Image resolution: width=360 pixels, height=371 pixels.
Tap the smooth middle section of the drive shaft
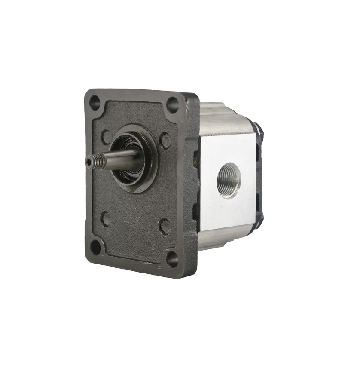coord(122,159)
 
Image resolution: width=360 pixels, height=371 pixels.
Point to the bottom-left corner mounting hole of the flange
coord(95,247)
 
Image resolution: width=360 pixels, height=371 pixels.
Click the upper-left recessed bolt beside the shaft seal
coord(106,137)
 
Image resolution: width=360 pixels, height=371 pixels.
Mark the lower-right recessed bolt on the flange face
coord(165,225)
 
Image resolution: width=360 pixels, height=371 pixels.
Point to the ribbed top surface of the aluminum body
coord(223,118)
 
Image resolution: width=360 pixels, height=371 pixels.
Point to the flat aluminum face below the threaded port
coord(228,211)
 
